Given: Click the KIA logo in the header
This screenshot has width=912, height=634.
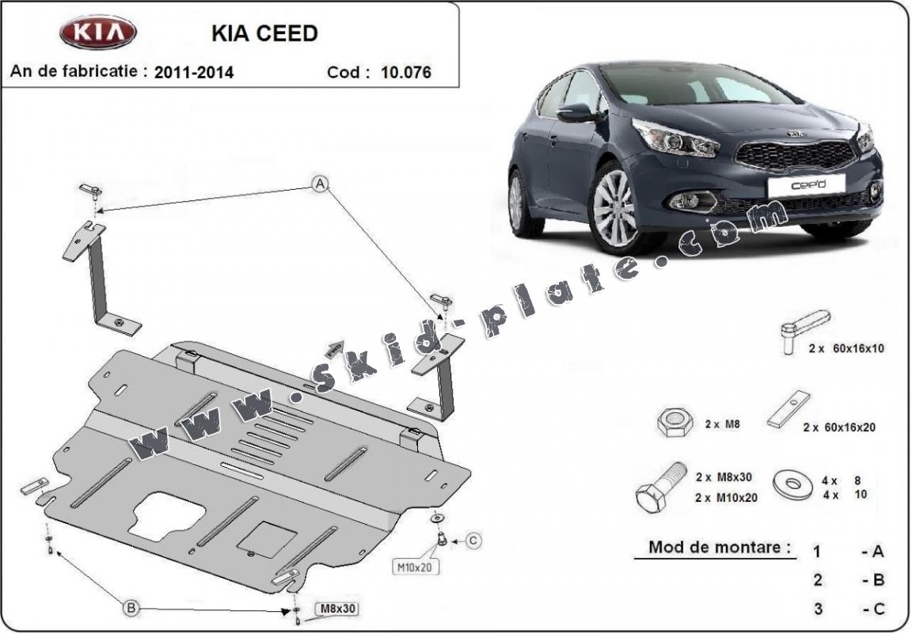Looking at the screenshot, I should (x=98, y=32).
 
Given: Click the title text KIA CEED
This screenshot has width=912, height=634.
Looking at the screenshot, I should (x=264, y=33).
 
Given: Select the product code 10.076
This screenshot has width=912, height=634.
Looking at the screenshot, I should (x=405, y=73).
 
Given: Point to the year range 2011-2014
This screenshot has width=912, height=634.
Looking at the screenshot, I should (x=194, y=73).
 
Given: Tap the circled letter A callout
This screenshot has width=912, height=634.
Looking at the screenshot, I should (x=320, y=184).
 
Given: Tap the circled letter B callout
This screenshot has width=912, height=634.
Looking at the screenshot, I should (x=131, y=608).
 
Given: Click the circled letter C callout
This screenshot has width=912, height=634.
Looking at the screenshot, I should (x=473, y=541).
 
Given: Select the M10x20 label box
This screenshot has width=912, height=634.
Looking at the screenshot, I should (x=415, y=566).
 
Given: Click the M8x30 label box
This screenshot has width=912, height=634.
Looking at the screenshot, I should (x=336, y=609).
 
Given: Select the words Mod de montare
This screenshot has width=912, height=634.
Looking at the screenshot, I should (x=719, y=547).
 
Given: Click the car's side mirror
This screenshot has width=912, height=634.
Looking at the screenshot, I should (x=576, y=113).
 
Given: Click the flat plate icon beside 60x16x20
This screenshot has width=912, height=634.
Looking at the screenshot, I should (x=789, y=409).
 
